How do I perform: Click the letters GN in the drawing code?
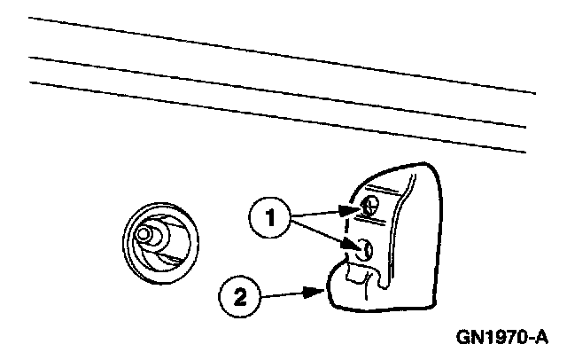(x=470, y=338)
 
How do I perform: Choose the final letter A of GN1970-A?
(x=542, y=338)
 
